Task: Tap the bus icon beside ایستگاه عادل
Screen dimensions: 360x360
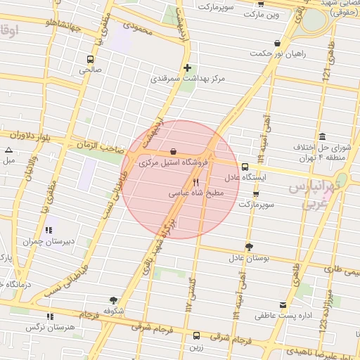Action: pos(245,167)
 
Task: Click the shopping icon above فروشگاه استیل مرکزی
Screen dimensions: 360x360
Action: pos(174,152)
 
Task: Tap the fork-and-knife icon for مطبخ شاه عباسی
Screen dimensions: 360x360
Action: pos(195,182)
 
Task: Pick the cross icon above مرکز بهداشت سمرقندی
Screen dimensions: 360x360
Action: pos(187,68)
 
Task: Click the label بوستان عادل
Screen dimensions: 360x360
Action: pos(249,257)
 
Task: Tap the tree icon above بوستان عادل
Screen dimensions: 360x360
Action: pos(249,246)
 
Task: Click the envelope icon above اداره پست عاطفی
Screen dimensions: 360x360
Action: pos(283,305)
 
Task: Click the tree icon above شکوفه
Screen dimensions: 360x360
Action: pos(113,300)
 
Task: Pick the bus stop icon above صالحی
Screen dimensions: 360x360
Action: pos(89,59)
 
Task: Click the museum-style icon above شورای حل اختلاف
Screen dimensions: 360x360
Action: pos(322,136)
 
